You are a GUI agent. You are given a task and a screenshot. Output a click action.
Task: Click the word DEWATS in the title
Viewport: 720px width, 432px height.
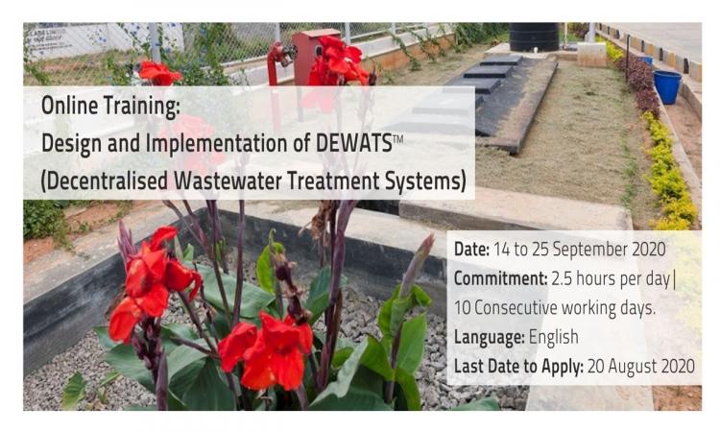click(353, 143)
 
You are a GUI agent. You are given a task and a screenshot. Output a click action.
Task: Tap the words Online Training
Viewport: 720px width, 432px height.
click(110, 107)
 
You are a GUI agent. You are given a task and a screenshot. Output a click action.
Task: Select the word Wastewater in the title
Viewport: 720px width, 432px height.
click(228, 180)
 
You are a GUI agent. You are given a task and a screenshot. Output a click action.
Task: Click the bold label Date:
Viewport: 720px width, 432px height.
click(471, 250)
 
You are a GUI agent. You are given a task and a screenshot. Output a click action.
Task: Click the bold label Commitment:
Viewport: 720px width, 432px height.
click(500, 278)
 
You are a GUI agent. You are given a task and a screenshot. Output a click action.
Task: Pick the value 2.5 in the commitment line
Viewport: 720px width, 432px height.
click(562, 278)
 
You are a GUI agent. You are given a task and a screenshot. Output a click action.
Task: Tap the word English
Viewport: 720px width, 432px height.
click(553, 337)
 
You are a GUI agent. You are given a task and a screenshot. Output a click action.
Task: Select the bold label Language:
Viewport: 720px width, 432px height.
click(489, 337)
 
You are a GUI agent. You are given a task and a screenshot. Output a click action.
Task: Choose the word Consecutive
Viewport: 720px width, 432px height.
click(516, 308)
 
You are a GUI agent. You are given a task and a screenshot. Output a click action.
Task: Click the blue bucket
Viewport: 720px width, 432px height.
click(667, 86)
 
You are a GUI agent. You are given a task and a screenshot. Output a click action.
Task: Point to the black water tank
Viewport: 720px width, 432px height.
click(534, 36)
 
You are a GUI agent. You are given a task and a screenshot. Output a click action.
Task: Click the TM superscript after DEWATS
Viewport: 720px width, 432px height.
click(397, 137)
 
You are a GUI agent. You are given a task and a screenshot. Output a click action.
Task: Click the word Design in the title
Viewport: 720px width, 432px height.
click(72, 144)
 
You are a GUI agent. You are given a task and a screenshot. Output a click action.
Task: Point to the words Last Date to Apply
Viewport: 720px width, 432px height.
click(518, 367)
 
